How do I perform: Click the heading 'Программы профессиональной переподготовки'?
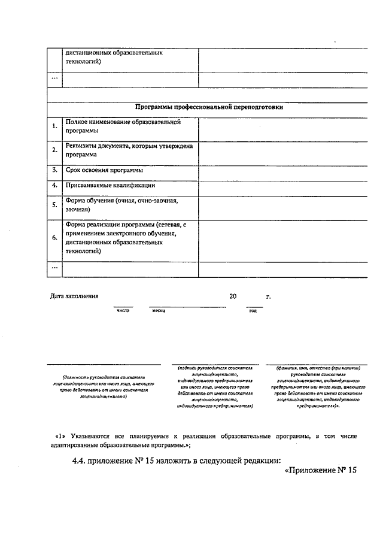click(x=209, y=108)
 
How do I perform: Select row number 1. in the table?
click(x=54, y=126)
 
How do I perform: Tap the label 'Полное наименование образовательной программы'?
click(x=123, y=126)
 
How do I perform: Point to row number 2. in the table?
click(x=54, y=150)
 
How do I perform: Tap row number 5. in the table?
click(x=54, y=205)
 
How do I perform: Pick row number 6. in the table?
click(x=54, y=238)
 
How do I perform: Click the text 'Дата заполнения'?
click(x=74, y=296)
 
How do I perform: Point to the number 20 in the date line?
click(x=233, y=296)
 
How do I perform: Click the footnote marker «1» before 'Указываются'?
click(x=59, y=436)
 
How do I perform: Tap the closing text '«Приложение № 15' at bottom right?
click(x=318, y=470)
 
